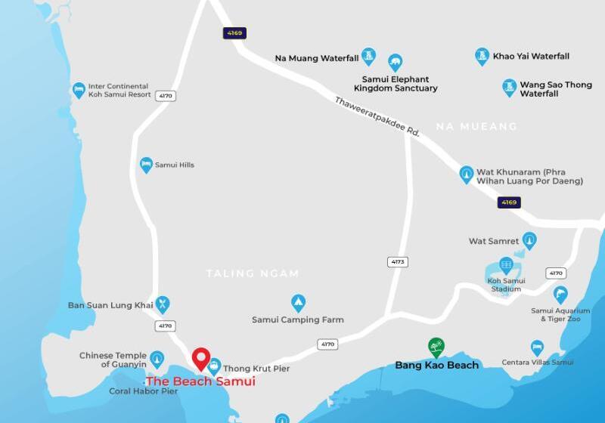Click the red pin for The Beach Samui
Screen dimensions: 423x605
coord(200,357)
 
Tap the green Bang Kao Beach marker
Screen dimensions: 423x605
coord(436,347)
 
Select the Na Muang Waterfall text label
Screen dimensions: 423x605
coord(317,57)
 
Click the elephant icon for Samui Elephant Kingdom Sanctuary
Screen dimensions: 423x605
coord(395,62)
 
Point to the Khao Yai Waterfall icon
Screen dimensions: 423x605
coord(482,56)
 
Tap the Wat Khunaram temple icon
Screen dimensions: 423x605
coord(467,174)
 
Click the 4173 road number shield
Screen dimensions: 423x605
coord(398,262)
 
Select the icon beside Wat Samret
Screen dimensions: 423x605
coord(529,241)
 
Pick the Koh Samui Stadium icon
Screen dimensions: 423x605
coord(506,265)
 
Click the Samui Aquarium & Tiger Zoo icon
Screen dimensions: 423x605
coord(560,295)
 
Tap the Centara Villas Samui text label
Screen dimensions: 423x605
coord(538,363)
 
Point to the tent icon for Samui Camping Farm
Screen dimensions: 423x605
coord(299,303)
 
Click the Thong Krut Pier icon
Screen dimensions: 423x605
coord(215,366)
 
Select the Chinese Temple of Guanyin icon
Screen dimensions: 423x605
coord(157,358)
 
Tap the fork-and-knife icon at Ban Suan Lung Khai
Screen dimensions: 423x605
coord(162,304)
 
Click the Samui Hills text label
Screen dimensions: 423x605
coord(175,165)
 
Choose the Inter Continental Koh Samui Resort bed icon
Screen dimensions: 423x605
coord(79,91)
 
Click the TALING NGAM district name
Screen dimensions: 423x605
coord(253,273)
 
